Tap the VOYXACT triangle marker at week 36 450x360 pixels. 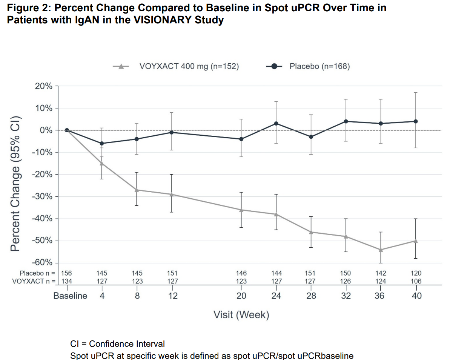coord(381,250)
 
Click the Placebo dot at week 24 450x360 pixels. coord(276,123)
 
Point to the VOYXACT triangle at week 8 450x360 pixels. coord(137,190)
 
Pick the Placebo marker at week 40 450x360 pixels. coord(416,121)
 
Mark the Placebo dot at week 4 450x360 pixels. coord(101,143)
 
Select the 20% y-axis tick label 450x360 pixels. coord(44,86)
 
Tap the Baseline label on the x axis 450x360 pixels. coord(70,296)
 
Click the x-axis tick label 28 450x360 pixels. coord(311,296)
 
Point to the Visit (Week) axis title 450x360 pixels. coord(241,314)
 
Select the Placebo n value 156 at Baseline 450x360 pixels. coord(66,273)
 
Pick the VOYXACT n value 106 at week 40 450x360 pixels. coord(416,281)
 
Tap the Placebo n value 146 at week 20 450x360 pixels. coord(241,273)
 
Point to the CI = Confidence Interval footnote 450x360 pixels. coord(117,344)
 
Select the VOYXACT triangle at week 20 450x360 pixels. coord(241,210)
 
